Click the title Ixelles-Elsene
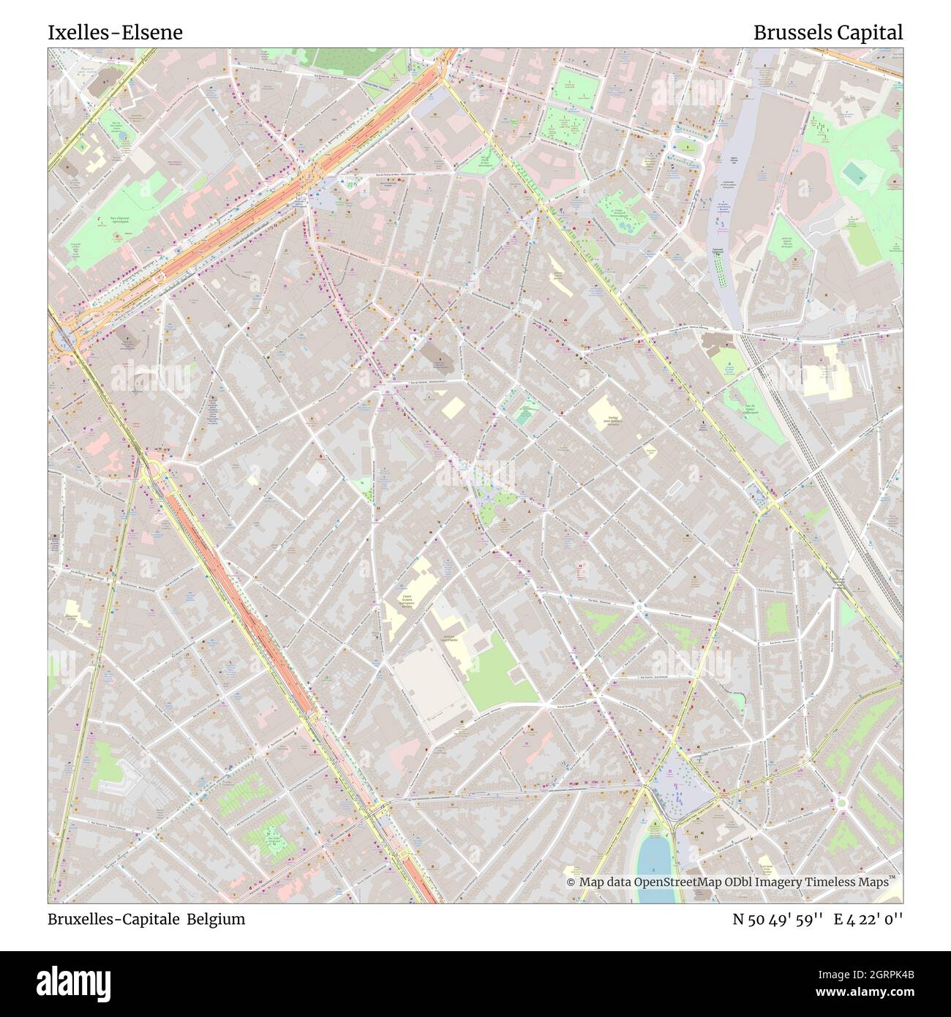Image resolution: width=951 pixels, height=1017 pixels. pos(116,32)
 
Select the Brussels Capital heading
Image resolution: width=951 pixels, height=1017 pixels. pos(828,32)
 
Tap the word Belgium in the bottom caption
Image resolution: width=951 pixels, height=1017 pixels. pos(216,919)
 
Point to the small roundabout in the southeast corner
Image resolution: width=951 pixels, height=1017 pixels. pos(841,803)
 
